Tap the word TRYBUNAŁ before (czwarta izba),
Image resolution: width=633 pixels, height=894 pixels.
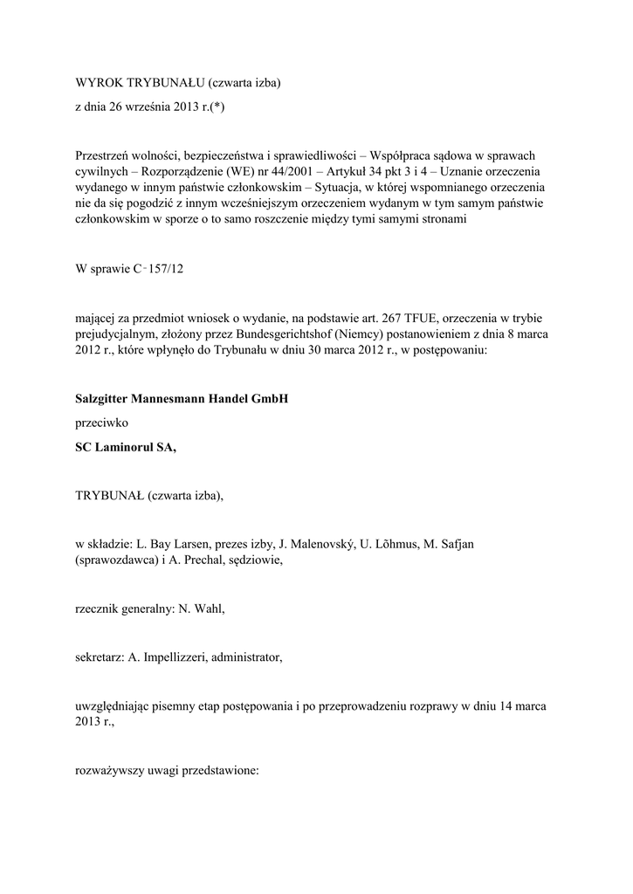pos(109,497)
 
